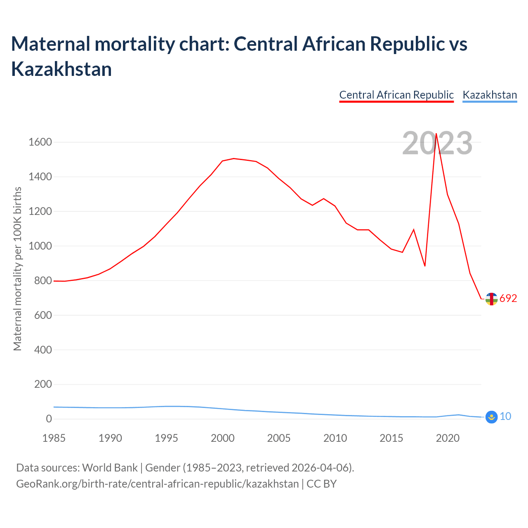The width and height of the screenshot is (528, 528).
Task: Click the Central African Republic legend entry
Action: [396, 95]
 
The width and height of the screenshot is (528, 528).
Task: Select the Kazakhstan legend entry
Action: [490, 95]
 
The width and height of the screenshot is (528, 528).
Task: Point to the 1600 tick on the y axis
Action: [40, 142]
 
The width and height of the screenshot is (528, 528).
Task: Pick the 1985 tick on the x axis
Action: [54, 438]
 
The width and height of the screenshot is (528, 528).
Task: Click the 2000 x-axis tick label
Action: [223, 438]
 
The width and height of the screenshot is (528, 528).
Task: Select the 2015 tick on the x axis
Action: [391, 438]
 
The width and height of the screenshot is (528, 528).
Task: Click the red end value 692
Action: [508, 298]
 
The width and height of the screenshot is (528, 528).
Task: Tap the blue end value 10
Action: [505, 417]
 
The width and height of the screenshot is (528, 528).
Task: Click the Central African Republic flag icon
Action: [491, 299]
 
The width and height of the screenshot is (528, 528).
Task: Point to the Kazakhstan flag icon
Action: [491, 417]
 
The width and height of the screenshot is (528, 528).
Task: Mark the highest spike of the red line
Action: [436, 134]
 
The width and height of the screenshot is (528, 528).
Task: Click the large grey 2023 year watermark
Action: [437, 143]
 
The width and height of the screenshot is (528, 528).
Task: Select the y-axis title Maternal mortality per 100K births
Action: [17, 269]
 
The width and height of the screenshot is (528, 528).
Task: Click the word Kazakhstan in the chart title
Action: [61, 69]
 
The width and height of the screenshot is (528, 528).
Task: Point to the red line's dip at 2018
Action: [425, 266]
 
